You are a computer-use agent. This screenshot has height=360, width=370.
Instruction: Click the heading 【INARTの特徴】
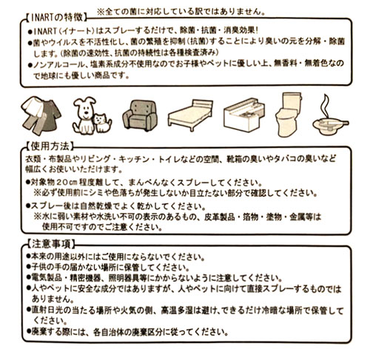pos(57,18)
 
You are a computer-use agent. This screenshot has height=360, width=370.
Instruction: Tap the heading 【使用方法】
pos(50,147)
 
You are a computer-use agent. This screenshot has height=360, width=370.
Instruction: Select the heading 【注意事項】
pos(50,244)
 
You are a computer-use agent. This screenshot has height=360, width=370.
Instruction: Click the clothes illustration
pos(41,115)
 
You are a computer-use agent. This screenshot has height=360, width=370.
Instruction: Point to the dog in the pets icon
pos(84,115)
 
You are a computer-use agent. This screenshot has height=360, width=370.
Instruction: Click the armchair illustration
pos(140,115)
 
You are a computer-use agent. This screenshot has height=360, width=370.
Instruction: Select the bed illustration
pos(190,115)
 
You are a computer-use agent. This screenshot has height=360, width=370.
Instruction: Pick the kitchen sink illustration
pos(243,115)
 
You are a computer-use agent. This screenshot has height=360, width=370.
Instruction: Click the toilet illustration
pos(289,115)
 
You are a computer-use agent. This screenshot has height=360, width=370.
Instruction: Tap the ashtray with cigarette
pos(330,125)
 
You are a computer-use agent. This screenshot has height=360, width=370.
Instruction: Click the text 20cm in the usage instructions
pos(67,183)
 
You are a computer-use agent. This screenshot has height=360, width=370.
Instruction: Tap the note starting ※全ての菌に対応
pos(181,12)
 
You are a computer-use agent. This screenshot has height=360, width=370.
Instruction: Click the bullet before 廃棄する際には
pos(29,332)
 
